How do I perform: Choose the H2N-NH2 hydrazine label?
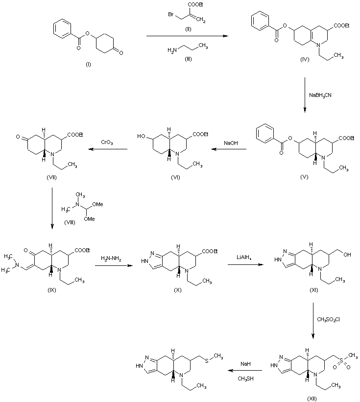[111, 259]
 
